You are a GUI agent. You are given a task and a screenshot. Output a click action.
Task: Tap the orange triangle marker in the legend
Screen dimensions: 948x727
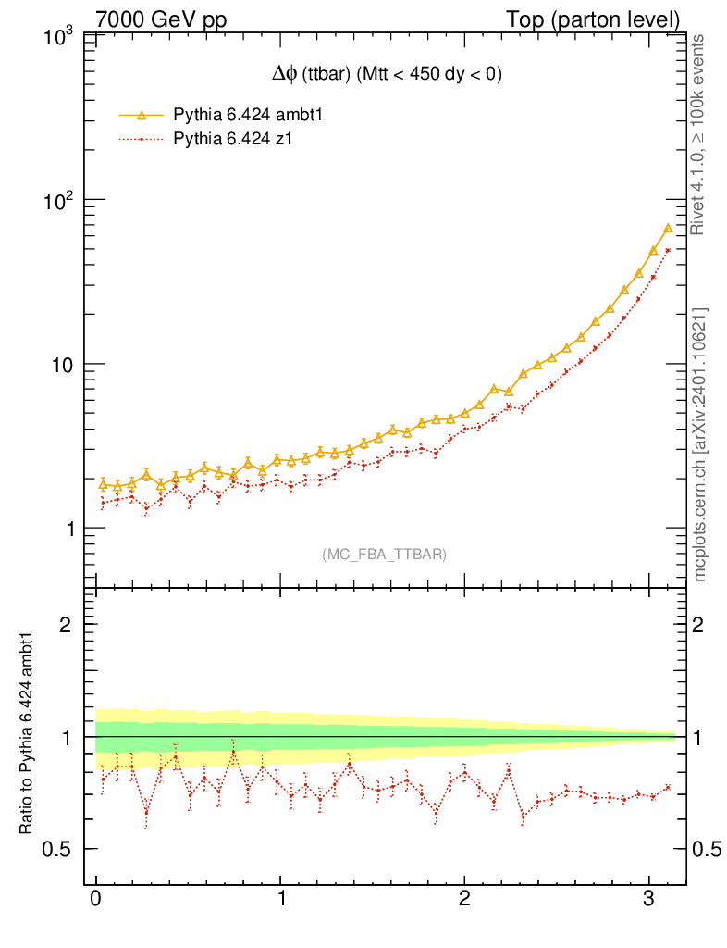(142, 115)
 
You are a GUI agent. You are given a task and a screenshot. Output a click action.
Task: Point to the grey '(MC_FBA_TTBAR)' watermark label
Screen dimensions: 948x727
(385, 554)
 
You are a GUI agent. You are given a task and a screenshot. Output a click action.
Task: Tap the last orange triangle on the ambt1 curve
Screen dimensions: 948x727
(667, 228)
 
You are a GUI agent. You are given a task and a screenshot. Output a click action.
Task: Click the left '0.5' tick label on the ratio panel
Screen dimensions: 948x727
(63, 850)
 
